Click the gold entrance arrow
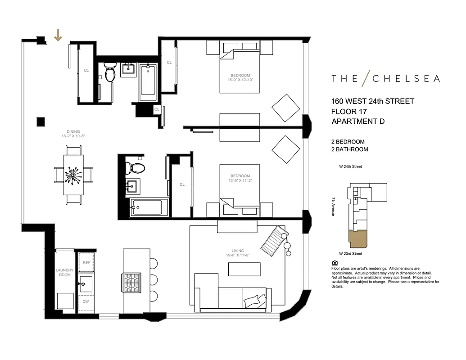coord(58,35)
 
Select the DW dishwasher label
coord(86,302)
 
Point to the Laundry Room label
coord(64,272)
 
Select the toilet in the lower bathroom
coord(135,167)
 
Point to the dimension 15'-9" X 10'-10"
coord(240,80)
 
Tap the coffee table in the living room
coord(244,269)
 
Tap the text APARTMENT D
coord(358,121)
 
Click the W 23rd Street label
coord(350,254)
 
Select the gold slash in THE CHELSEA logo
coord(365,78)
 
